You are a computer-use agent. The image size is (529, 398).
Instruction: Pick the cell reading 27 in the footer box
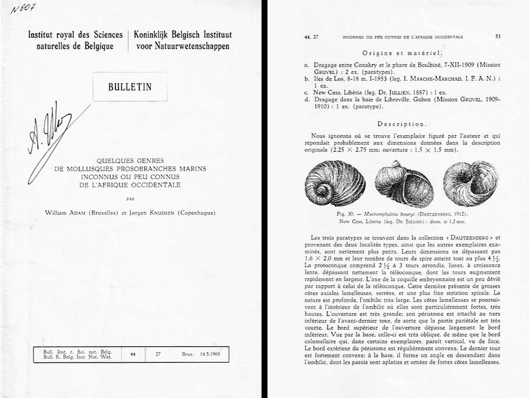point(158,354)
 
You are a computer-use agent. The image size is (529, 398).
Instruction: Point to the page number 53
point(498,37)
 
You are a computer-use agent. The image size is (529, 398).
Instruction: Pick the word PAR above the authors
point(130,198)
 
